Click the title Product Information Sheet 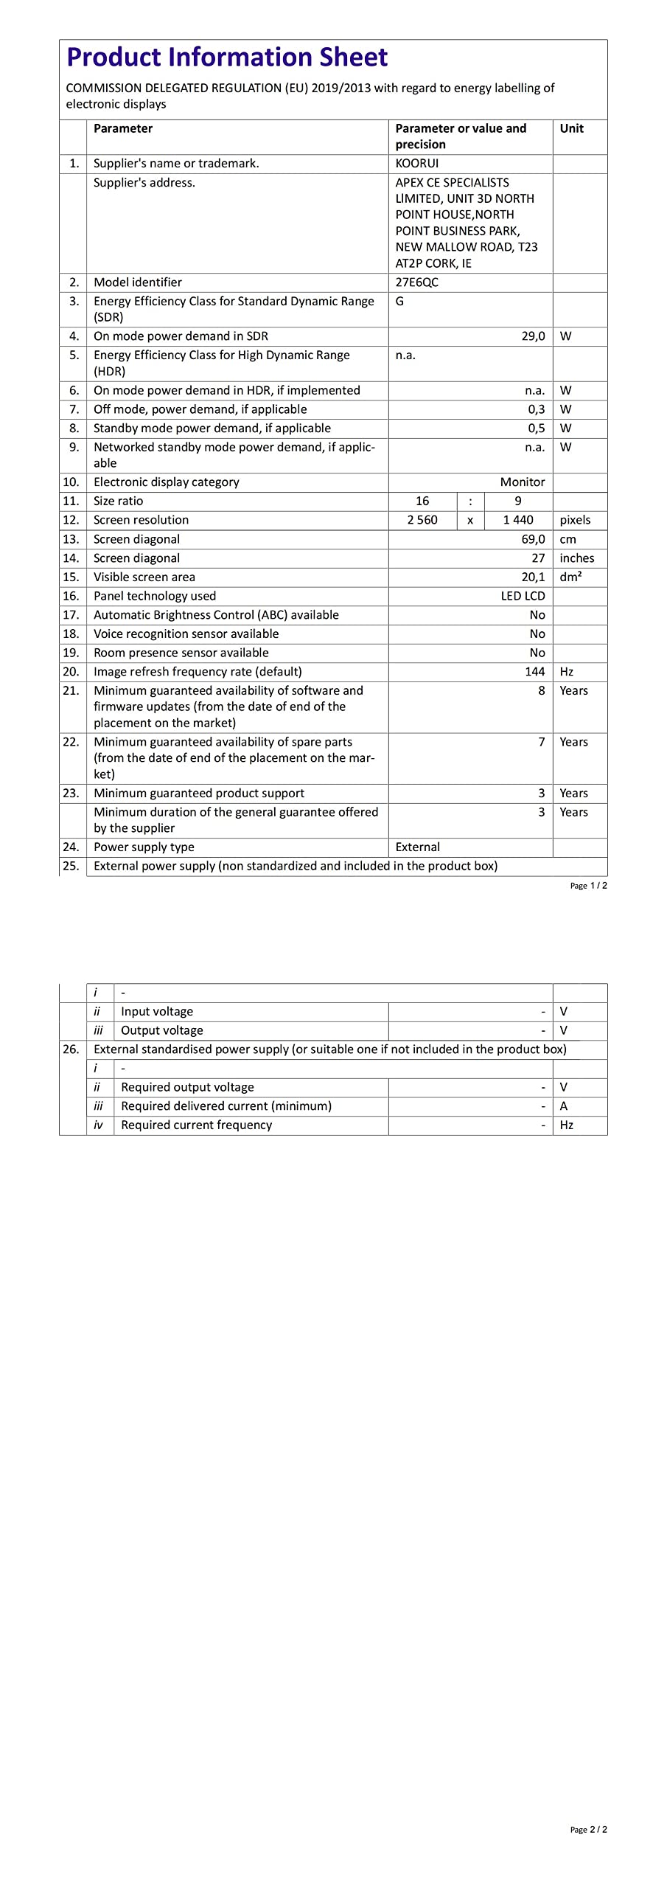227,58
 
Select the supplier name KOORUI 417,164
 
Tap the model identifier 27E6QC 417,282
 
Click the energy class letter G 399,302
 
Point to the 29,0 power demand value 533,336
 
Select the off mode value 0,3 536,409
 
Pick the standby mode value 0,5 536,428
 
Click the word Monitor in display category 523,482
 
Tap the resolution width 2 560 422,520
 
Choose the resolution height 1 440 518,520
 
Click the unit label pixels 575,520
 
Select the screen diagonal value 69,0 533,539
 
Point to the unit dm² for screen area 570,577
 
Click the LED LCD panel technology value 523,596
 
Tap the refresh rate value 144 534,672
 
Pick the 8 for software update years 542,691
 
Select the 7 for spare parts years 542,742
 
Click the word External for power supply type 418,847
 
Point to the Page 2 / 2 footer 588,1829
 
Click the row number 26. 71,1049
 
